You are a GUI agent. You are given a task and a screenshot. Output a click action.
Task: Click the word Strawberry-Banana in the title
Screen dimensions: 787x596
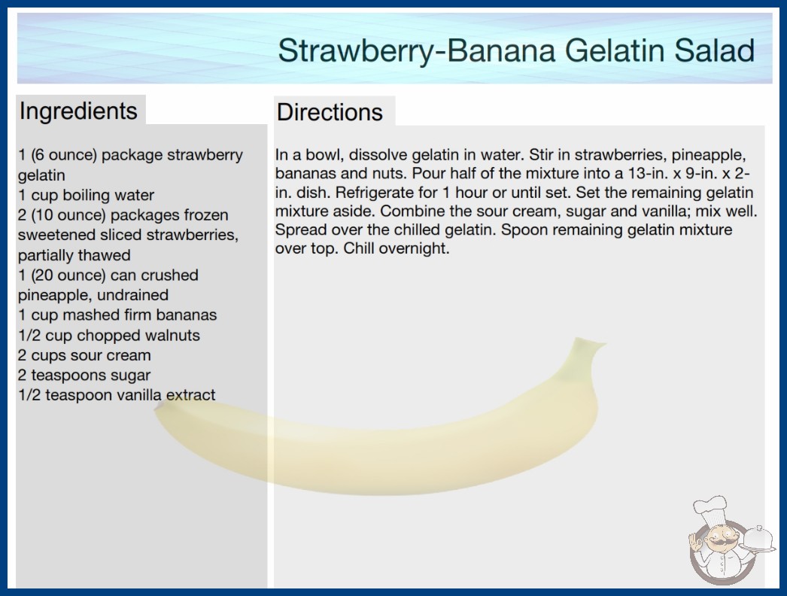416,50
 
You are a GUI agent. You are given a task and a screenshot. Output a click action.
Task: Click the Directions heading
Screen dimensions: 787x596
330,112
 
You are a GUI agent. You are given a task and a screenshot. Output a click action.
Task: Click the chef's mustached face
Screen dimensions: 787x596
719,538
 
